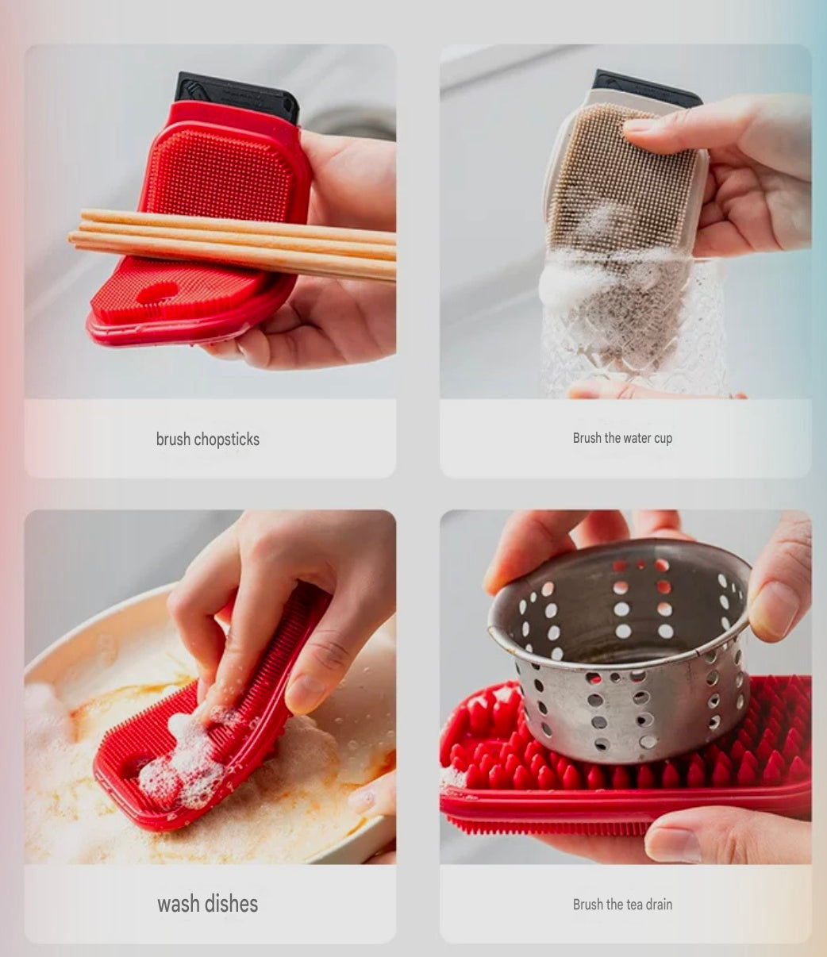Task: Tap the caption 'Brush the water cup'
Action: pyautogui.click(x=622, y=438)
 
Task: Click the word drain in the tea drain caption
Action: pyautogui.click(x=656, y=905)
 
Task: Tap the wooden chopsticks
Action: pyautogui.click(x=238, y=242)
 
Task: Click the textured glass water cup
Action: pyautogui.click(x=635, y=333)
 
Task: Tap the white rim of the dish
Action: pyautogui.click(x=79, y=627)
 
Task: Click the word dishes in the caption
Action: pyautogui.click(x=232, y=904)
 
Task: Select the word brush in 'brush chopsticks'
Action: pyautogui.click(x=173, y=440)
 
